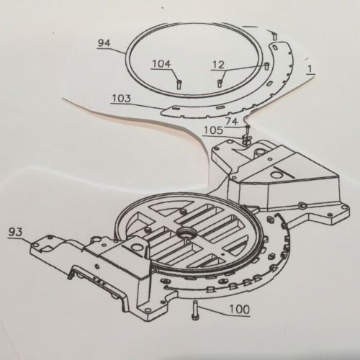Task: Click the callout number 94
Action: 104,43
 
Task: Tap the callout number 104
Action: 161,64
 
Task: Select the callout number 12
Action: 218,65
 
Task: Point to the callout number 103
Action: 122,99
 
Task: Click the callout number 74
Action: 232,122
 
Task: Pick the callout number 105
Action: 213,130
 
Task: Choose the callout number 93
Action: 15,232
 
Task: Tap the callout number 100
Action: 240,310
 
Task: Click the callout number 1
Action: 310,69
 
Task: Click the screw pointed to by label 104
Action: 179,84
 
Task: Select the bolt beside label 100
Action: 194,310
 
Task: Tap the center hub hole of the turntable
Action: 185,233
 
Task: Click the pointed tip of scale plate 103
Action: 162,112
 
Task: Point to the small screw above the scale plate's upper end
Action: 275,37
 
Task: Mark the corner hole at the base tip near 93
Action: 37,245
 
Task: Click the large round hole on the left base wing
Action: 137,247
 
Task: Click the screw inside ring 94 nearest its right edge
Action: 266,66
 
